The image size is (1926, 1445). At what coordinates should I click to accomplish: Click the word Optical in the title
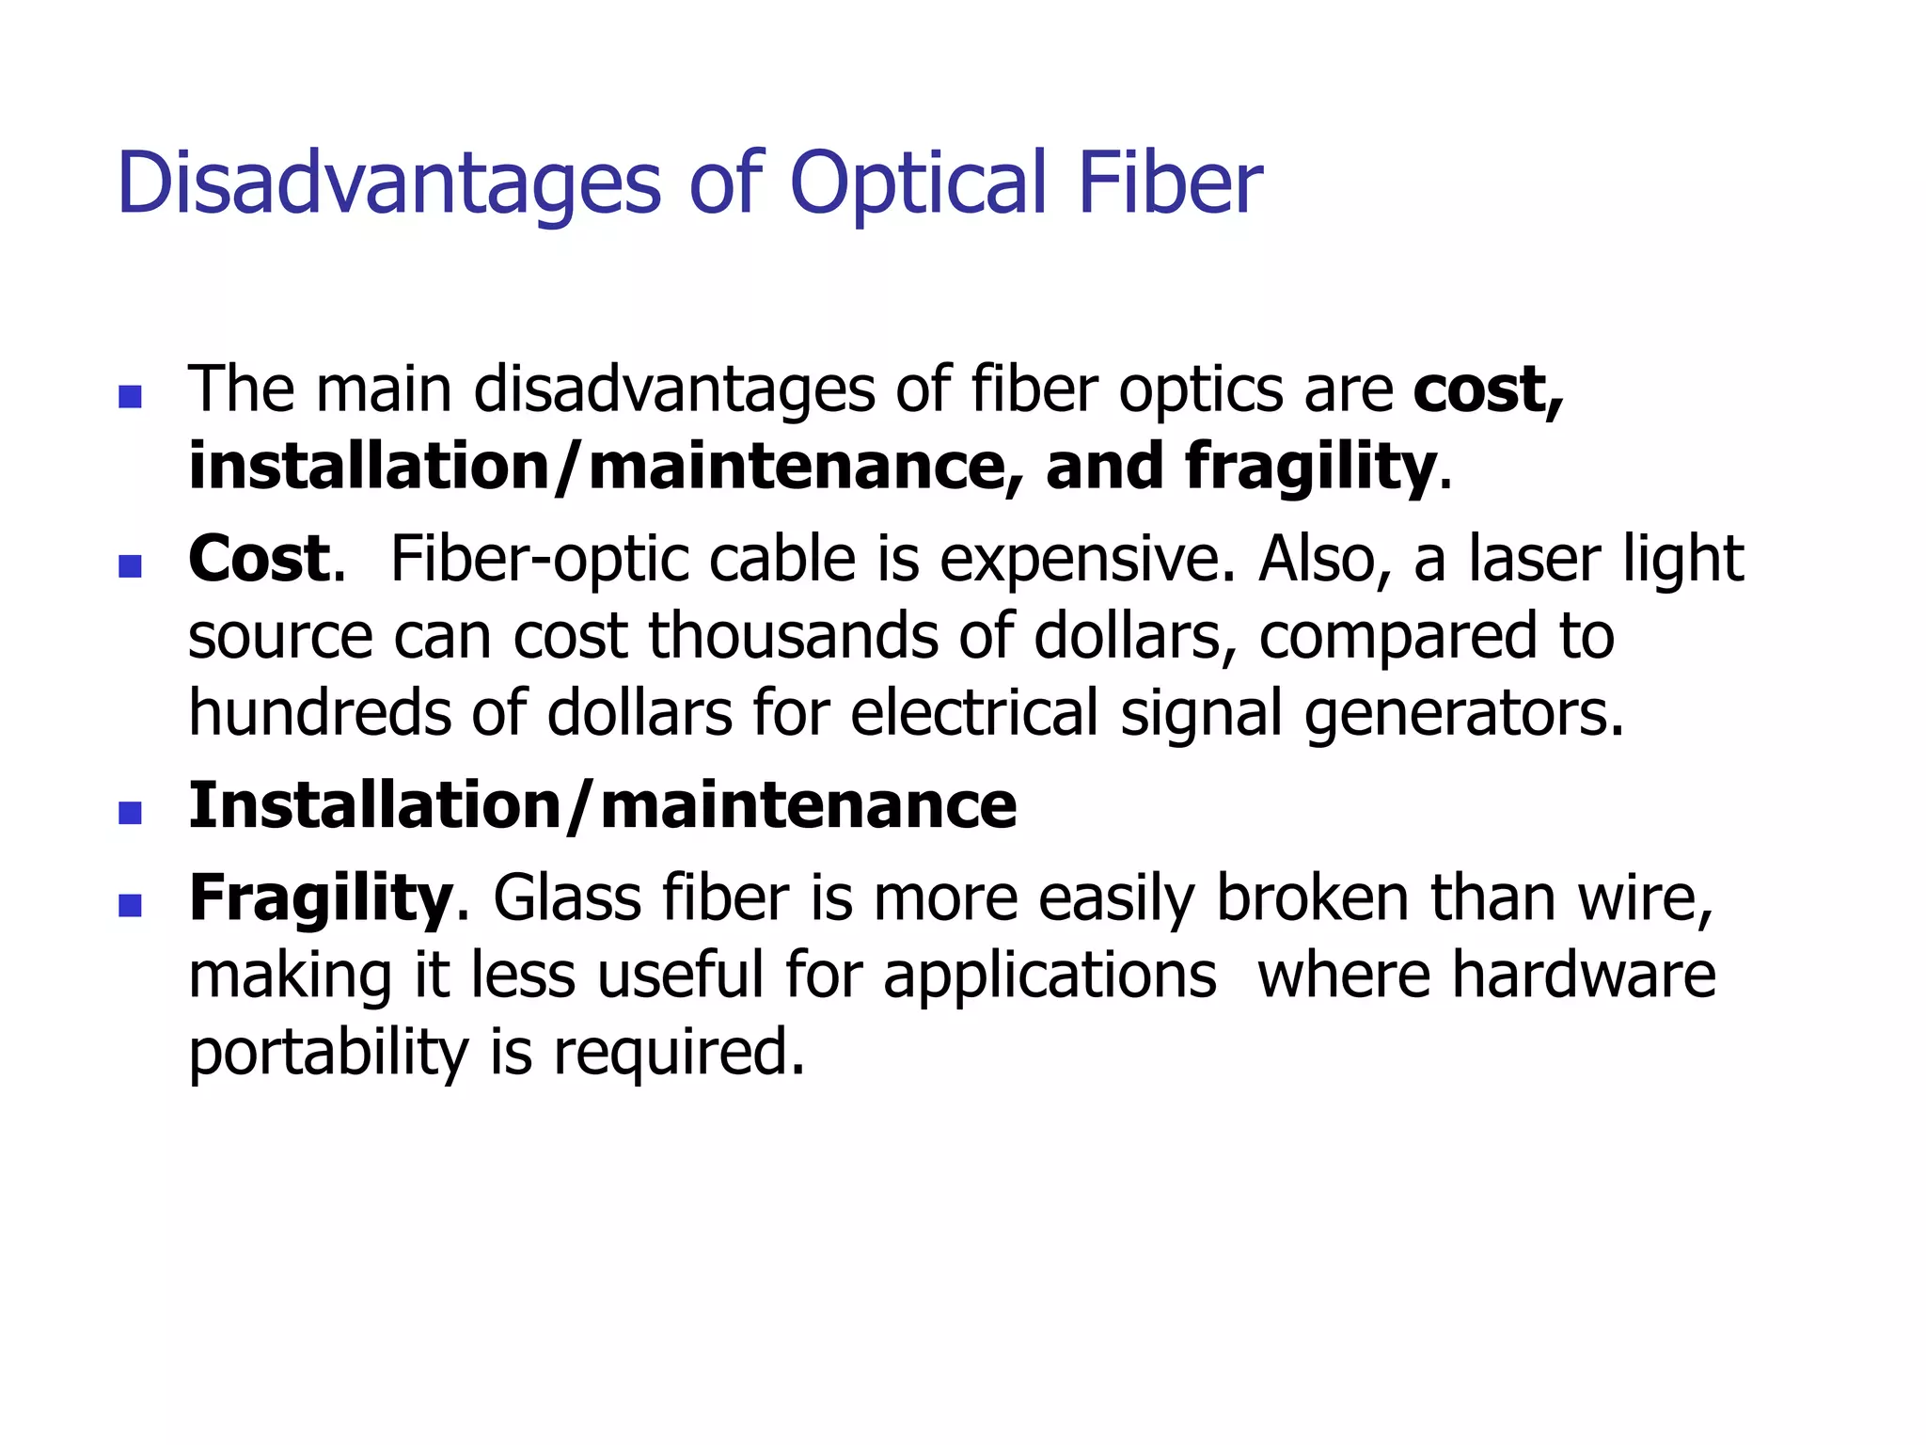click(918, 183)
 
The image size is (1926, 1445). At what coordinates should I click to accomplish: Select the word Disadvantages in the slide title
click(389, 183)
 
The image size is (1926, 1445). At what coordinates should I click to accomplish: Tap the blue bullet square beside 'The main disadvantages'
click(131, 396)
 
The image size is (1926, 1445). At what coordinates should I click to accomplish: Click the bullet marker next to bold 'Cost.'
click(131, 565)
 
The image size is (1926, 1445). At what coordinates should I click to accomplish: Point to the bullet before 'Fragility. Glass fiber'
click(131, 905)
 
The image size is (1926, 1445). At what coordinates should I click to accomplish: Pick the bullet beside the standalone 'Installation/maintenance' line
click(131, 812)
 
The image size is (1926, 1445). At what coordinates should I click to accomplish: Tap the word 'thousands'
click(794, 636)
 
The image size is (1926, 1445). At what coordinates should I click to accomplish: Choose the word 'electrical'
click(974, 713)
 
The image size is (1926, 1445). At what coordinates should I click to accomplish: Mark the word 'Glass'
click(566, 898)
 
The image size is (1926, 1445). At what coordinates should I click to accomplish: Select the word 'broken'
click(1313, 898)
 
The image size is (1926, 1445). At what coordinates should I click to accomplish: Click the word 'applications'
click(1050, 977)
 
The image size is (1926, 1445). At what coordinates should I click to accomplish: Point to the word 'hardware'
click(1584, 975)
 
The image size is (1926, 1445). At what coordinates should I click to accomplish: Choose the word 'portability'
click(328, 1054)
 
